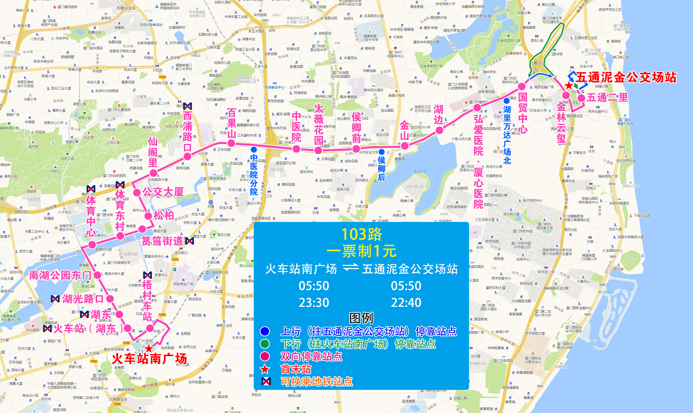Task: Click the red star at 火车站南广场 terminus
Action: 149,348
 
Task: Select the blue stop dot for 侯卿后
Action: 382,152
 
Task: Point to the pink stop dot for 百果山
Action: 231,143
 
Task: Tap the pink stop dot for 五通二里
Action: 581,98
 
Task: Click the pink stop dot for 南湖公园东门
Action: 97,275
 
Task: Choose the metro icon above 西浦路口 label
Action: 188,106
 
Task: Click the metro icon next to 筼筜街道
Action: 189,241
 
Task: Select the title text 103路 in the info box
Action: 361,234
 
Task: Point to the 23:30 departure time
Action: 314,303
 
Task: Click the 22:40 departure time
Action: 406,303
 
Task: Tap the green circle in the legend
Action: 265,344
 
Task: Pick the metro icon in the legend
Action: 266,381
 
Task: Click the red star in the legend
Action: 265,369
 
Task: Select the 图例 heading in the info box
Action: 361,318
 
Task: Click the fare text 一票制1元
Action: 361,251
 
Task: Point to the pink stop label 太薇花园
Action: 318,125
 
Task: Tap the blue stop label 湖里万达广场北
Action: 507,135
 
